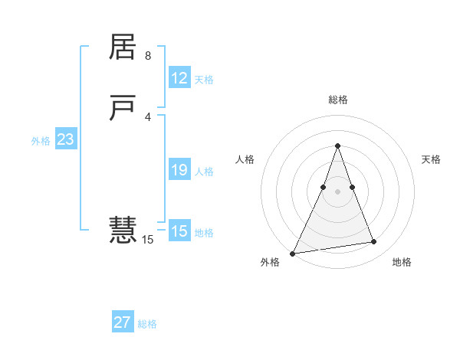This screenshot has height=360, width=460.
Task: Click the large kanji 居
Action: [x=123, y=47]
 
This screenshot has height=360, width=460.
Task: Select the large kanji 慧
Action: [x=123, y=229]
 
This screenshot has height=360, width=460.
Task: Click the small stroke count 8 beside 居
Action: [x=148, y=56]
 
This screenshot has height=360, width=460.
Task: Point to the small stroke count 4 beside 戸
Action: [x=148, y=116]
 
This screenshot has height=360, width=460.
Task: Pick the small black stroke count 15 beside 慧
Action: [x=148, y=240]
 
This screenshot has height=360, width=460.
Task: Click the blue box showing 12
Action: [x=179, y=78]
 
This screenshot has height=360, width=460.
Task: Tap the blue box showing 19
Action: [x=179, y=170]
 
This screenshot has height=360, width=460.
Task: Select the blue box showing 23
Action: [x=65, y=139]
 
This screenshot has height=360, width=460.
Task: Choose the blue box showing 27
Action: [x=123, y=322]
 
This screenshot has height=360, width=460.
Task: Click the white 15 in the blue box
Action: [x=179, y=231]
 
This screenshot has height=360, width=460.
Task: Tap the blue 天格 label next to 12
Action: [x=204, y=80]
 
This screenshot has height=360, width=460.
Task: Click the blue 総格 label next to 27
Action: [x=147, y=324]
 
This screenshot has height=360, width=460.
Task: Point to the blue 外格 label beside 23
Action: [x=41, y=141]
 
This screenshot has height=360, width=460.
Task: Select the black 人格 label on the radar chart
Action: [x=245, y=159]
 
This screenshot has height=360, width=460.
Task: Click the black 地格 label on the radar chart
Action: [x=402, y=262]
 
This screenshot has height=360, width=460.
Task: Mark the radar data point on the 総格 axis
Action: [x=337, y=146]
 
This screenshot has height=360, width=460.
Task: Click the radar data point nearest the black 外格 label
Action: [x=293, y=253]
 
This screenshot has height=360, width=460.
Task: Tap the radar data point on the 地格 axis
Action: [x=374, y=242]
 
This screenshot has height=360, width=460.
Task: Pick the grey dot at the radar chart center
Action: [x=337, y=191]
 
